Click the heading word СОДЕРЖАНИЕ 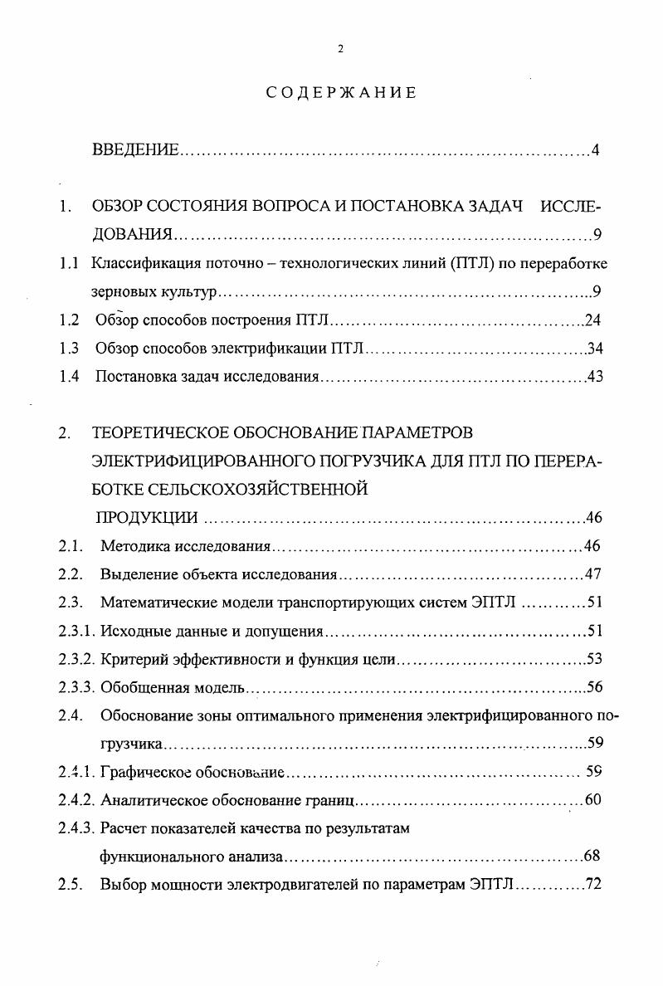tap(341, 93)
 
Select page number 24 tap(592, 320)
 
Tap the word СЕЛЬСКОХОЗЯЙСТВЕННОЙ tap(231, 490)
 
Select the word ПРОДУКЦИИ tap(146, 519)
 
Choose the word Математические tap(155, 603)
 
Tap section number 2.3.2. tap(77, 659)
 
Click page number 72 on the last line tap(592, 885)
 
